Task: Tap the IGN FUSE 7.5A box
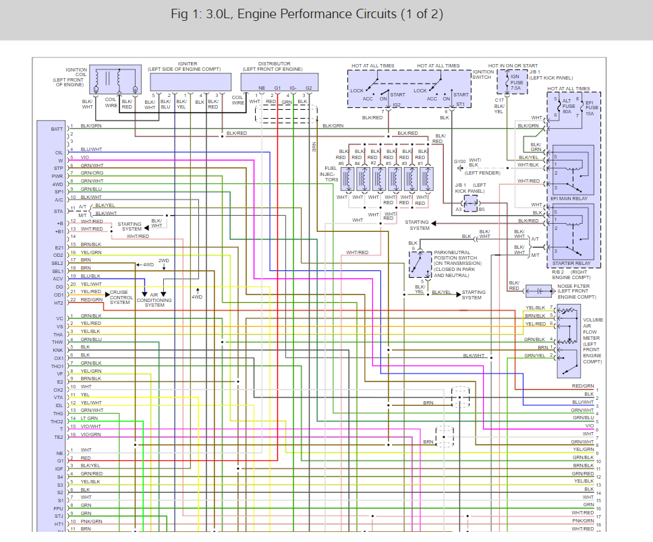tap(515, 82)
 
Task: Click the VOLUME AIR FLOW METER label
tap(593, 340)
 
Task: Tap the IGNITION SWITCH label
tap(483, 74)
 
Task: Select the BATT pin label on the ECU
tap(57, 129)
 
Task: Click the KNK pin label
tap(58, 351)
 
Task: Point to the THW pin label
tap(58, 342)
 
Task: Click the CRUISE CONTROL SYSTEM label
tap(121, 297)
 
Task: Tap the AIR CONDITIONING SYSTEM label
tap(154, 301)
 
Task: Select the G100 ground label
tap(459, 162)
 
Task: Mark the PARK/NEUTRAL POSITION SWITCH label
tap(455, 262)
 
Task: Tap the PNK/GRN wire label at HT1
tap(91, 521)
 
